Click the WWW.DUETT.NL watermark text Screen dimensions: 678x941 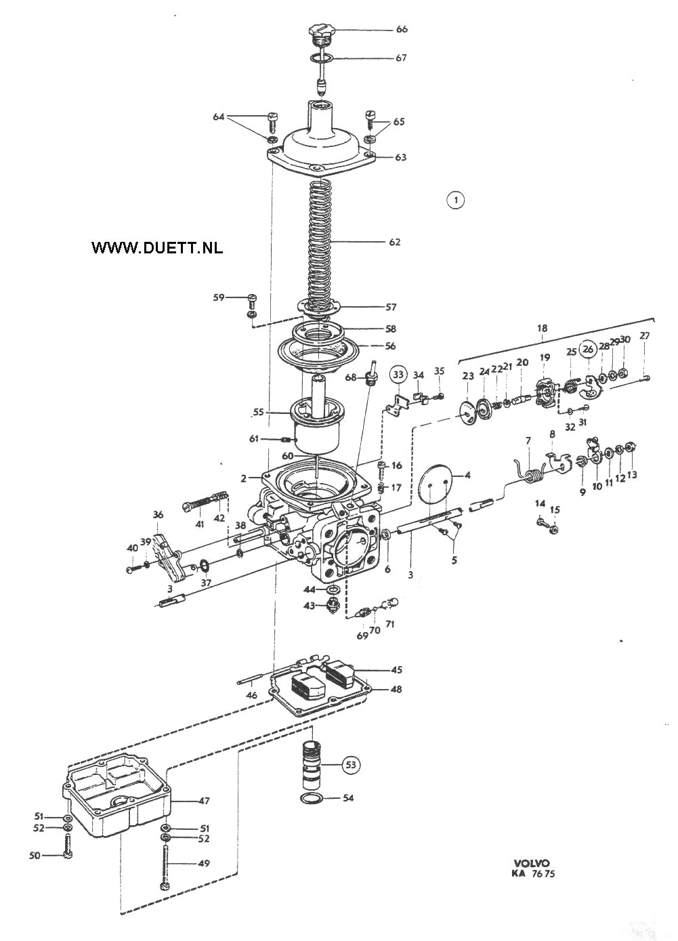click(x=157, y=248)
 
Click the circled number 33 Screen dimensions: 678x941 click(x=398, y=374)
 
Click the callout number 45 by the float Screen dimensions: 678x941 click(x=396, y=669)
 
